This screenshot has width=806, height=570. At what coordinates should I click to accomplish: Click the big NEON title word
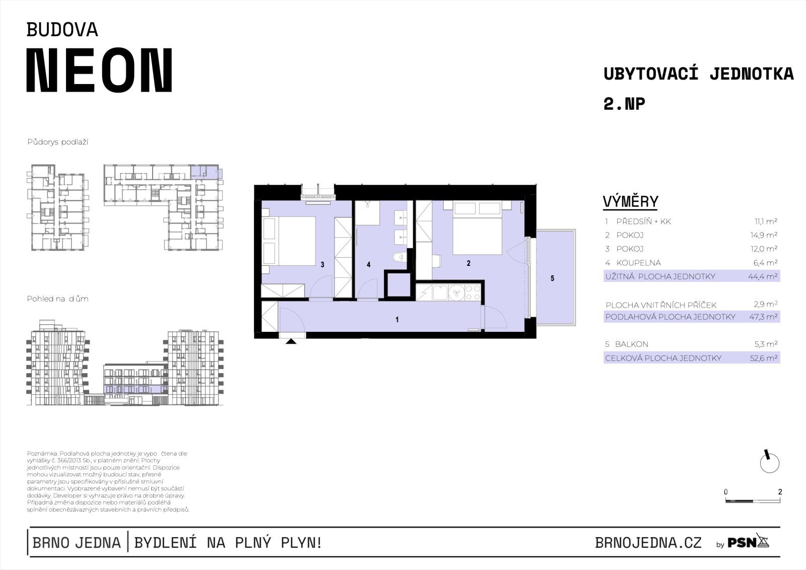(100, 70)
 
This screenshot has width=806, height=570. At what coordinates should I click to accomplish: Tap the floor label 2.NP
(624, 104)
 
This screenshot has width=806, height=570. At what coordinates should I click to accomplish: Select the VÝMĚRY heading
(630, 201)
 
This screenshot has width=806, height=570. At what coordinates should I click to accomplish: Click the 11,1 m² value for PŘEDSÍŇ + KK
(766, 221)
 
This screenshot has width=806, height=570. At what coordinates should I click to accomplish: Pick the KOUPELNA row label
(638, 263)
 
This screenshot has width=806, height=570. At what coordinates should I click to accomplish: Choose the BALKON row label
(632, 344)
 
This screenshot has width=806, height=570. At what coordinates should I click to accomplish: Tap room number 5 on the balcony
(552, 278)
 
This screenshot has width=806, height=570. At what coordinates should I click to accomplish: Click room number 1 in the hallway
(397, 319)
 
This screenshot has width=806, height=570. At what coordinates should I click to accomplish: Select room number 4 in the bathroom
(368, 265)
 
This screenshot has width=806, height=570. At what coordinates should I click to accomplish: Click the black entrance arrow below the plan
(291, 341)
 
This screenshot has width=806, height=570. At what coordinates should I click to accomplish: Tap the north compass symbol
(769, 462)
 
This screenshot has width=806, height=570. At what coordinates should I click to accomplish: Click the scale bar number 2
(780, 491)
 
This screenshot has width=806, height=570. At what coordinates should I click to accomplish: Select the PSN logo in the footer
(748, 542)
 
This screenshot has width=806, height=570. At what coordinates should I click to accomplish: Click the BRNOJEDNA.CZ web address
(648, 543)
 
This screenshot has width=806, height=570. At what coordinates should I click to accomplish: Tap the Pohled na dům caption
(57, 299)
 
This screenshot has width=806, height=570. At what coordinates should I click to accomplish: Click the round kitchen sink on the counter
(456, 293)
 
